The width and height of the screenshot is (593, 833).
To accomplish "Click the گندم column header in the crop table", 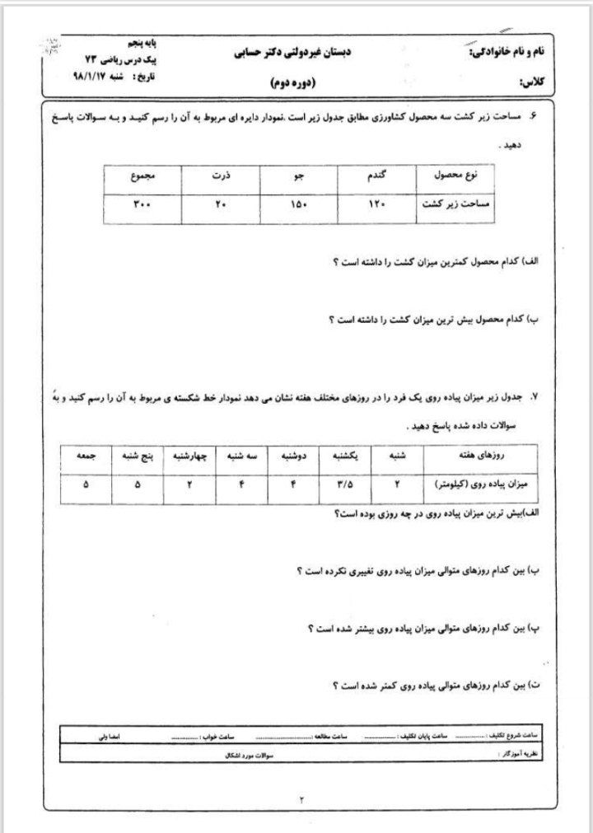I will [x=377, y=176].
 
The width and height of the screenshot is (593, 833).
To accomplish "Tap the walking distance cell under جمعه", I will [x=86, y=484].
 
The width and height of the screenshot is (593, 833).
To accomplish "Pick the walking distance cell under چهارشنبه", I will [x=190, y=484].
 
